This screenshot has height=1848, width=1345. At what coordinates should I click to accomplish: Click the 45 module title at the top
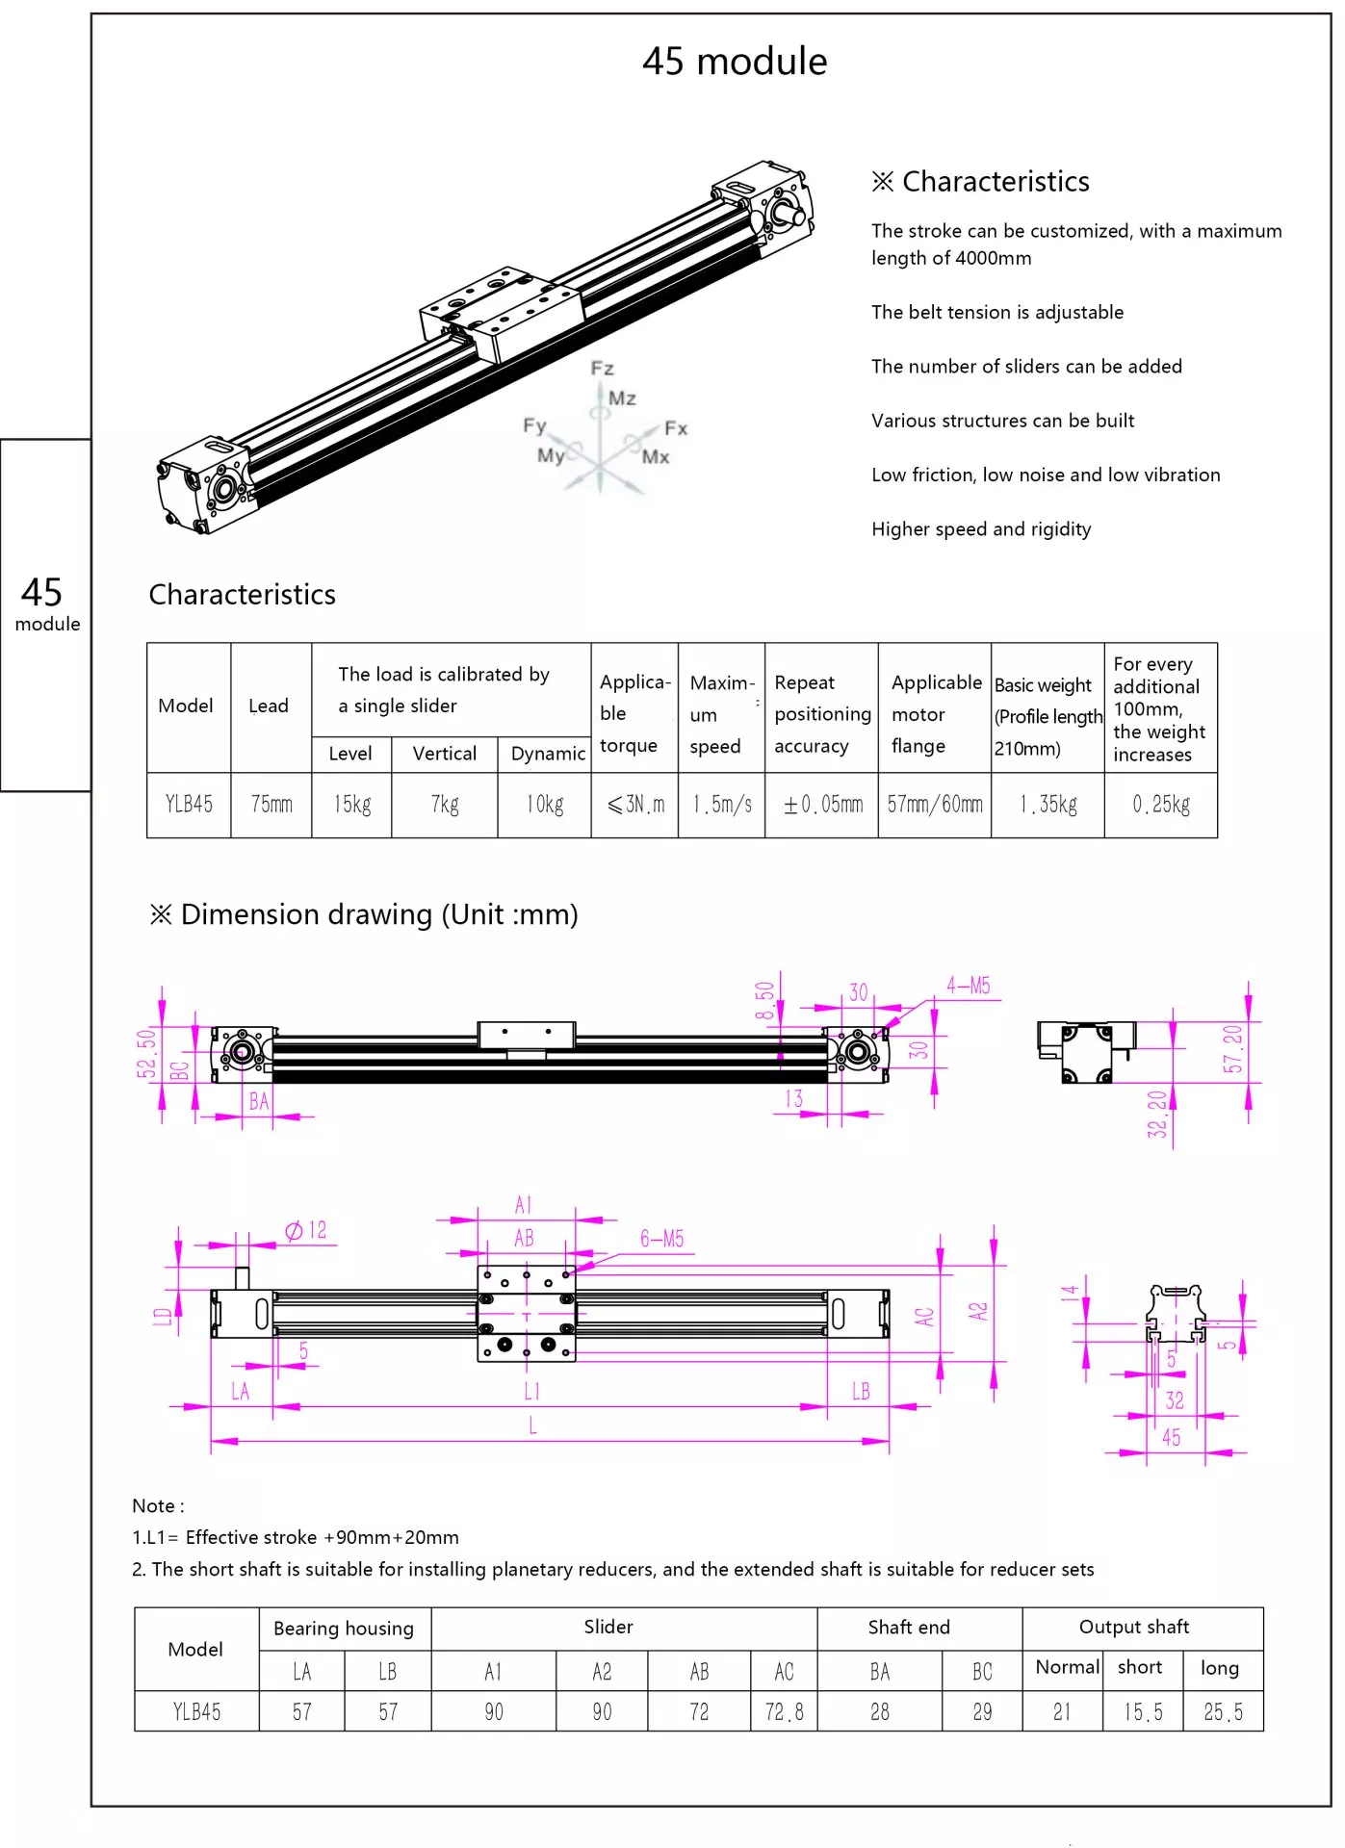[734, 62]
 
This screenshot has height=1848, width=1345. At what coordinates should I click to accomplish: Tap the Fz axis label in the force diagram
[602, 369]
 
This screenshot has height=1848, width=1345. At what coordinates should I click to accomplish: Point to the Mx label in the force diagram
[656, 457]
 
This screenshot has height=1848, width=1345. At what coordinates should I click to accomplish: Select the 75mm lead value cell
[272, 805]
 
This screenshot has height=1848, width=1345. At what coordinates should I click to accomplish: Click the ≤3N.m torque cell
[635, 805]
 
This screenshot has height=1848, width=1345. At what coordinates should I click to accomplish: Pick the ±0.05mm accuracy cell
[822, 805]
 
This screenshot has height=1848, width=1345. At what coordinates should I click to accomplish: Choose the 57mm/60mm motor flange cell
[935, 805]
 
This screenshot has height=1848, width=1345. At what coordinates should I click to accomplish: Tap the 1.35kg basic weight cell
[1048, 805]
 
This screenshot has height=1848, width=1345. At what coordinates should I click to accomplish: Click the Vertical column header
[444, 754]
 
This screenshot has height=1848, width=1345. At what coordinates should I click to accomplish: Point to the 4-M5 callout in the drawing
[968, 986]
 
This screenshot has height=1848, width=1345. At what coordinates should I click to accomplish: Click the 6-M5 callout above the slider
[661, 1239]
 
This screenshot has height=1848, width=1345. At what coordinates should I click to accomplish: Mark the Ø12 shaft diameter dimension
[306, 1231]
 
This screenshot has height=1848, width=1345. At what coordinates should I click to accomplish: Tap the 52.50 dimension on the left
[146, 1054]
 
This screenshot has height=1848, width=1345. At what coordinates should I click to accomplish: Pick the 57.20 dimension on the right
[1232, 1049]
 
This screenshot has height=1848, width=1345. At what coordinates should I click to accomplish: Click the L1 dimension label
[531, 1392]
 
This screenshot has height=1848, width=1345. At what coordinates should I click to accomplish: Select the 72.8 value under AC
[784, 1712]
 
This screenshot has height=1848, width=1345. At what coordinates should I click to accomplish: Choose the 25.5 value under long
[1223, 1712]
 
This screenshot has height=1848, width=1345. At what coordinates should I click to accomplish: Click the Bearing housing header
[344, 1629]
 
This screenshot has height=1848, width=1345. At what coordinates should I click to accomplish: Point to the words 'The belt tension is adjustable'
[997, 313]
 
